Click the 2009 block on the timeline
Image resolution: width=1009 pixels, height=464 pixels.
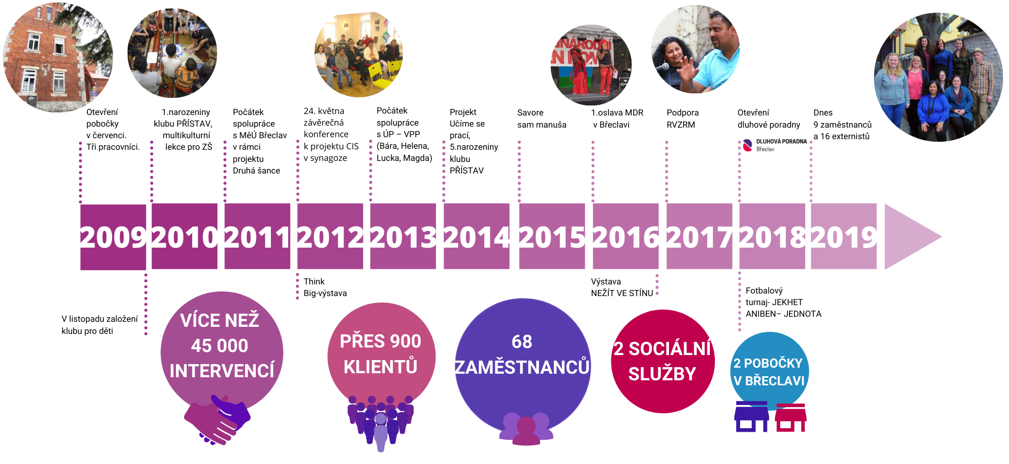113,237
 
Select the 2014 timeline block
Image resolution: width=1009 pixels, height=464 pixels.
476,236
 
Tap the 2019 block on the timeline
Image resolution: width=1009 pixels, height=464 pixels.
844,236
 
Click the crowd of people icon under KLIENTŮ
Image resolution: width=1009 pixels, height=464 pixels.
381,423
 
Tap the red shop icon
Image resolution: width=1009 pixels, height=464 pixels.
791,417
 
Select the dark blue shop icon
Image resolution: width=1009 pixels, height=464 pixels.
752,417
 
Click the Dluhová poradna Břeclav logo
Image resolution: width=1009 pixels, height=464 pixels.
774,145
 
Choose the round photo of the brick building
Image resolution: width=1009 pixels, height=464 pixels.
58,57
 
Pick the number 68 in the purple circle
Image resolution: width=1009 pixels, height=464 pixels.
522,342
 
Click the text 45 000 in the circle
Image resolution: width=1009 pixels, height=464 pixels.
219,346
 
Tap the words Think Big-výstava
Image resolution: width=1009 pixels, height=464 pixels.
325,287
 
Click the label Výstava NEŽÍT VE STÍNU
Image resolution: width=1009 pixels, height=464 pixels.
622,287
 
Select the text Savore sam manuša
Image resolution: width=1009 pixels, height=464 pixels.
542,119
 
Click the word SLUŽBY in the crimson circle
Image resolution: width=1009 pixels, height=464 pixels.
662,374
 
